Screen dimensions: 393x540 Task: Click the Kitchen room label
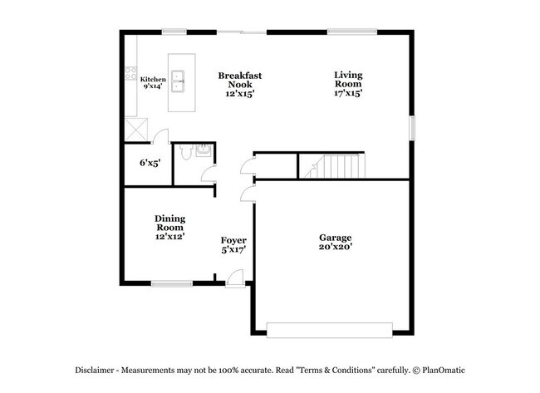coord(152,79)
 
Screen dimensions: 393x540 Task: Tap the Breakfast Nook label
coord(240,80)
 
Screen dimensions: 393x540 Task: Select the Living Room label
coord(348,79)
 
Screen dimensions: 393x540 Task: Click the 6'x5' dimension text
coord(150,163)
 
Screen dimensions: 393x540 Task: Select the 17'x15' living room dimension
coord(348,93)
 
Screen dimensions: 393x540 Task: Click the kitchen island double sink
coord(181,81)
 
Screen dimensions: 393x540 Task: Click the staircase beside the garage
coord(331,166)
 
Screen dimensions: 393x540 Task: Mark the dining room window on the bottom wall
coord(171,284)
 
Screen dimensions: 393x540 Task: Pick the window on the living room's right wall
coord(411,128)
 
